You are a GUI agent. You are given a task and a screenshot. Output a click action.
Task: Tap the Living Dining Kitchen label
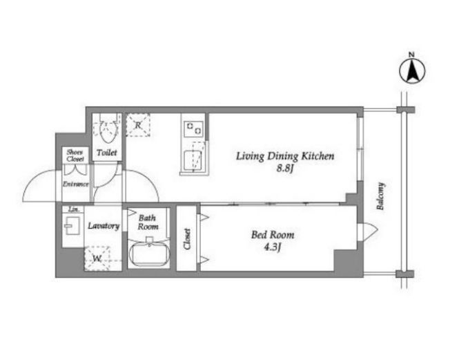click(285, 156)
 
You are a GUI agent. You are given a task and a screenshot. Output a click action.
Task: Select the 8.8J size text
click(285, 169)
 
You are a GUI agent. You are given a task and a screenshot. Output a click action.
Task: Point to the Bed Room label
click(273, 235)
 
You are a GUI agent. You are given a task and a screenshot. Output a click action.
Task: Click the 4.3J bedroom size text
click(273, 247)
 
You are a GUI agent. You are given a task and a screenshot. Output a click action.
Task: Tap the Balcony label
click(380, 196)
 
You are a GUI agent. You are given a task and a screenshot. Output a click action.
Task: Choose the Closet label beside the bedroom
click(187, 238)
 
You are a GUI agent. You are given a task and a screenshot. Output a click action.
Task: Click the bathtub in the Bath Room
click(149, 254)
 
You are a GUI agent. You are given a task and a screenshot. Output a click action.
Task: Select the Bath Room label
click(148, 222)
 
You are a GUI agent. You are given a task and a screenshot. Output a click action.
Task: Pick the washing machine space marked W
click(97, 258)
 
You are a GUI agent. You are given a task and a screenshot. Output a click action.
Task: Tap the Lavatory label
click(104, 225)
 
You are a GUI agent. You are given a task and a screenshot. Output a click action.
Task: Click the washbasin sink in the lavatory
click(72, 225)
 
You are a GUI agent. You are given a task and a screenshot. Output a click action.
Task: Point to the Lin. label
click(74, 209)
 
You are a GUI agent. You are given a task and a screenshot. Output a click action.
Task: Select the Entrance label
click(76, 184)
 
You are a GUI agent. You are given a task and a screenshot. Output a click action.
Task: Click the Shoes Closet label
click(75, 155)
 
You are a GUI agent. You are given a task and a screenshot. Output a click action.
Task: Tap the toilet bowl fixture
click(107, 129)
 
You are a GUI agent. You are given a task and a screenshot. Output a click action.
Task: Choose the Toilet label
click(107, 153)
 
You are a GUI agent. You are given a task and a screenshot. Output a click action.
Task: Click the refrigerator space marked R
click(137, 125)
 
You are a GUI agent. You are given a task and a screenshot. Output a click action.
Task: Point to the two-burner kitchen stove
click(193, 129)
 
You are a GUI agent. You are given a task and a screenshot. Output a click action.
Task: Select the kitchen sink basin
click(193, 160)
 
